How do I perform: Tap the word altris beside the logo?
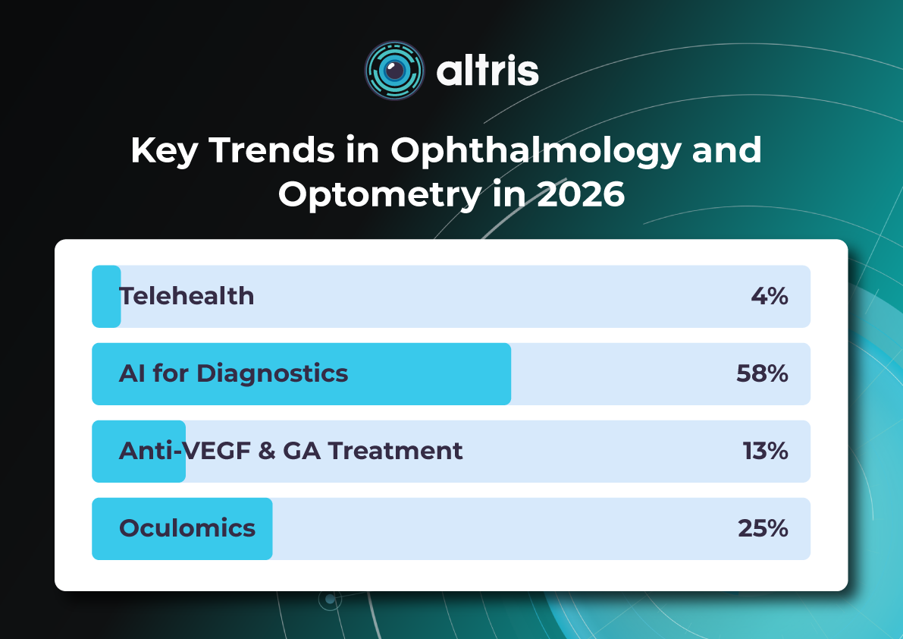point(488,71)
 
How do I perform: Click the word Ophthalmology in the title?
point(535,150)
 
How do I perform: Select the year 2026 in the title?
point(580,194)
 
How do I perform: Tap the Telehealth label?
point(187,296)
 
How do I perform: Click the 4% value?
point(770,296)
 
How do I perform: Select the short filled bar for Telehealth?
point(106,296)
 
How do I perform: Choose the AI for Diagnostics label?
point(234,373)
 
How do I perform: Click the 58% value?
point(762,373)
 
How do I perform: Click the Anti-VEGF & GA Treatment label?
point(290,451)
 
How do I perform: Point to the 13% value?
point(765,451)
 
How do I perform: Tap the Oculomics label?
point(187,528)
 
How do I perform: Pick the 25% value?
point(763,528)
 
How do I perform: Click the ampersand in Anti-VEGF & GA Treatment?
point(266,451)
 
